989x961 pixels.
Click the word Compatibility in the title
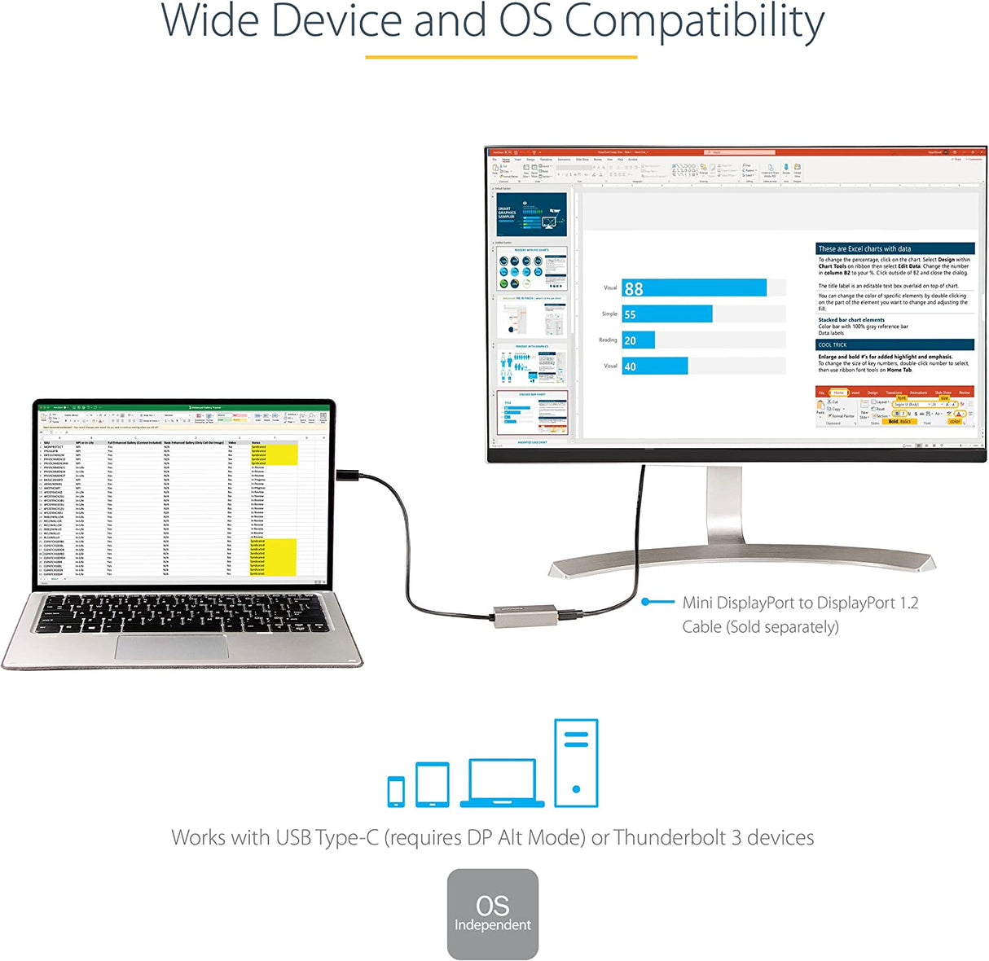click(694, 23)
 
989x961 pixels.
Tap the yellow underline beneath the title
click(500, 57)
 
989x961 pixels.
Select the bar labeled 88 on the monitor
click(693, 288)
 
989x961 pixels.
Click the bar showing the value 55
click(666, 314)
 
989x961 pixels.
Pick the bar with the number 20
click(638, 340)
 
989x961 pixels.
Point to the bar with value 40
click(654, 366)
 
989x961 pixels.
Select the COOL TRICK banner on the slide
click(894, 344)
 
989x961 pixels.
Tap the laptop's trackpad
click(171, 647)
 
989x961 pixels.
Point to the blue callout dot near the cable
click(646, 602)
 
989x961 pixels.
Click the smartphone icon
click(396, 791)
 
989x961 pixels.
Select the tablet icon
click(433, 784)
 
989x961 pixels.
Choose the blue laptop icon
click(502, 783)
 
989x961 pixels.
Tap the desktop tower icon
click(576, 763)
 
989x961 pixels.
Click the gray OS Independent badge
click(493, 914)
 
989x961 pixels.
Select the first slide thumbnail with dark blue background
click(531, 215)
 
